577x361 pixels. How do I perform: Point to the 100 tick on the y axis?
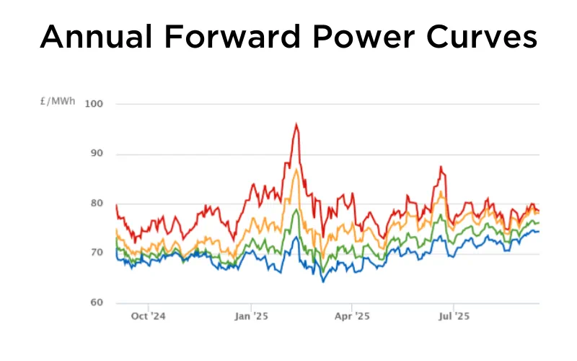pyautogui.click(x=94, y=104)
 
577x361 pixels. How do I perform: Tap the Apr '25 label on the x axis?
pyautogui.click(x=353, y=316)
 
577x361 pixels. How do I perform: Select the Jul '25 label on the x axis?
pyautogui.click(x=454, y=316)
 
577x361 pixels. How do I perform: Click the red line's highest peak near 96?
pyautogui.click(x=296, y=124)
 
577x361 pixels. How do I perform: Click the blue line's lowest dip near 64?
pyautogui.click(x=322, y=281)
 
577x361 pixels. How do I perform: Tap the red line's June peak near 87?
pyautogui.click(x=440, y=167)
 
